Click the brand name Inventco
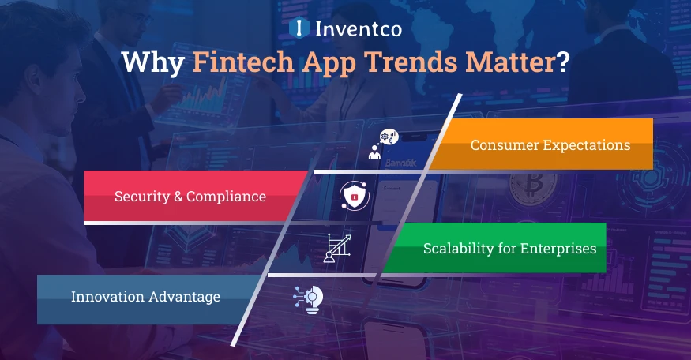coord(359,29)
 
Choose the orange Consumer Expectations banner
coord(550,145)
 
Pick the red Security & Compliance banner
coord(190,197)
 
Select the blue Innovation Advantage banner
coord(145,298)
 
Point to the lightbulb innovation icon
coord(308,299)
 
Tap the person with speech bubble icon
coord(385,144)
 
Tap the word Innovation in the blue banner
coord(107,298)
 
